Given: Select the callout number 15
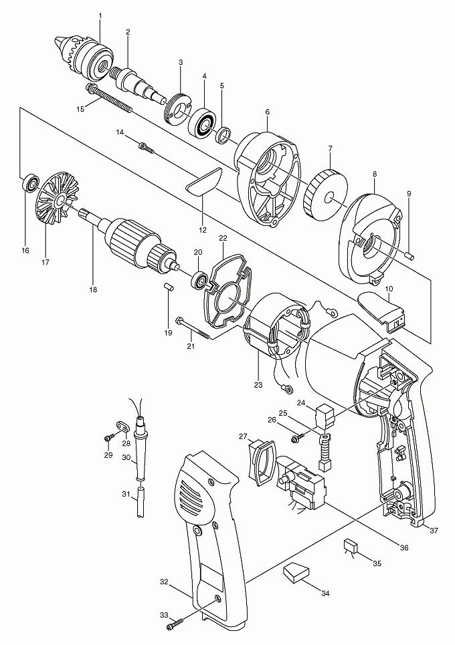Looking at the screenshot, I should coord(80,108).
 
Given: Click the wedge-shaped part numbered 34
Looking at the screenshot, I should coord(296,572).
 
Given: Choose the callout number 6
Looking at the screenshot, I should coord(267,112).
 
